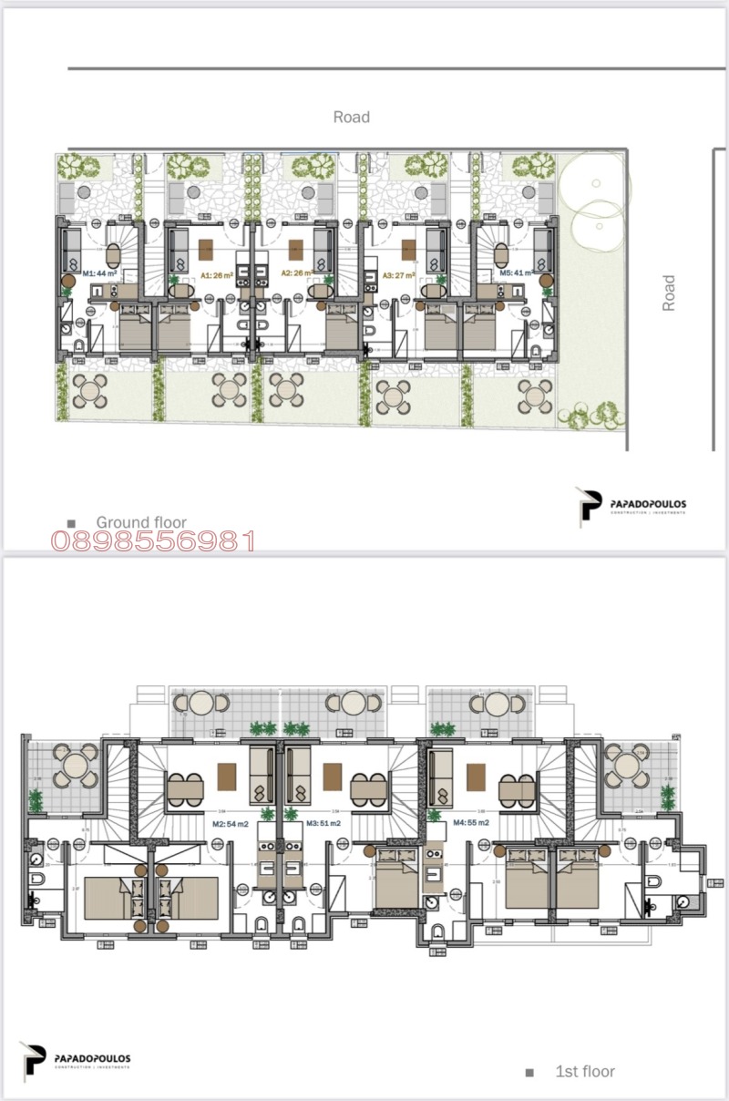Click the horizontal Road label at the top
click(352, 117)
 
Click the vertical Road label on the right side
click(670, 293)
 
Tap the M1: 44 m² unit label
click(100, 273)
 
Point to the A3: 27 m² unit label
click(400, 273)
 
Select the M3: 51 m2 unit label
click(324, 823)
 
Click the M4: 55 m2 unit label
click(471, 823)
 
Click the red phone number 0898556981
click(152, 542)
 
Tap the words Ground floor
click(141, 522)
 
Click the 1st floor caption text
click(585, 1072)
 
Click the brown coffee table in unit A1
click(205, 245)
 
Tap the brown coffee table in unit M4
click(475, 777)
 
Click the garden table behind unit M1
click(90, 392)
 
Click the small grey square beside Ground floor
click(71, 523)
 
